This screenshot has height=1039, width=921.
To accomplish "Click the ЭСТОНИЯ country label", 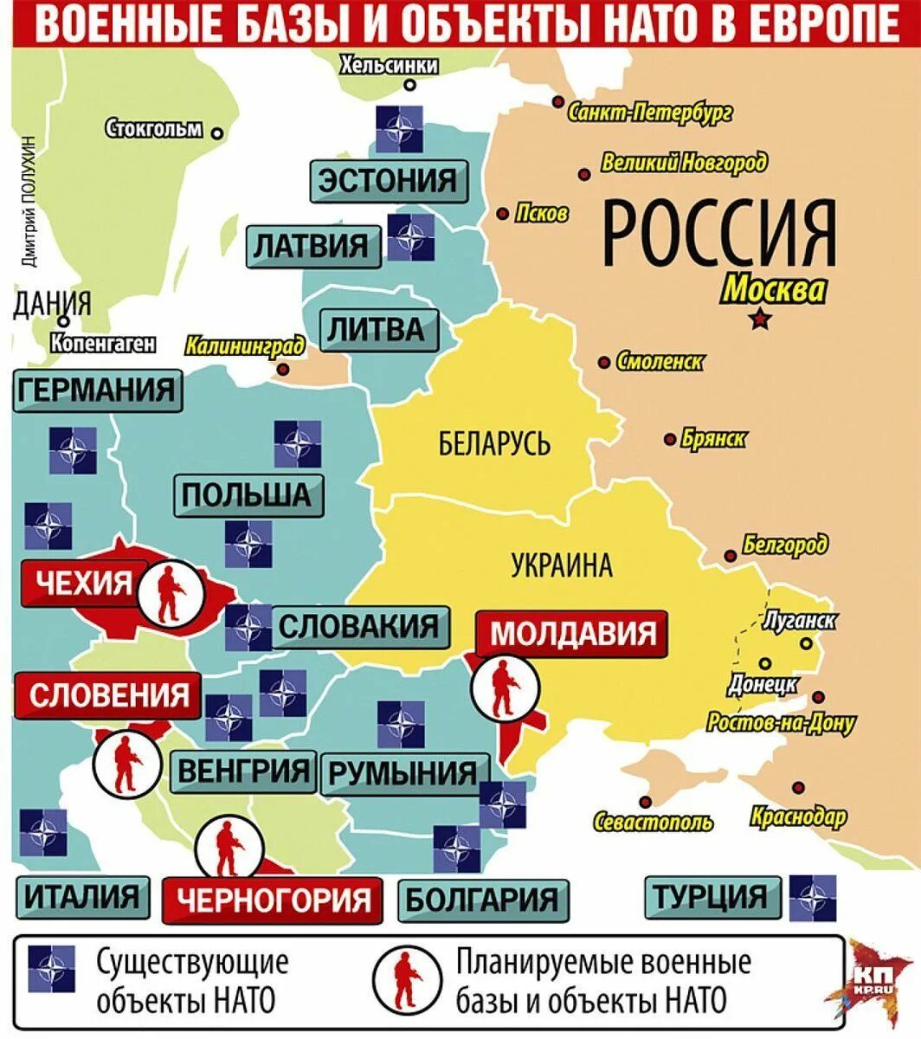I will point(387,181).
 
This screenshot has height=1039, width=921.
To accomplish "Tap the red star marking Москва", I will point(759,319).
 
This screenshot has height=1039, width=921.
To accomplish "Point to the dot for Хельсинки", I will point(409,86).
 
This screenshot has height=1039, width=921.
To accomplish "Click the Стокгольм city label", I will point(154,130).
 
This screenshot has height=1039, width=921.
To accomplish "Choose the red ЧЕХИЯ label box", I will point(78,583).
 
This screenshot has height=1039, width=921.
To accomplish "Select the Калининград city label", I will point(245,346).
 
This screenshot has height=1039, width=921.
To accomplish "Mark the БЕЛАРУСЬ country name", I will point(494,445).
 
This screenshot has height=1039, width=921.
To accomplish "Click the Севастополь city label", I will point(654,822).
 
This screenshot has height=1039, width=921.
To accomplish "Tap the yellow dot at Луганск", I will point(807,643).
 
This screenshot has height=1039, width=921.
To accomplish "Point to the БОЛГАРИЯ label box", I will point(482,899).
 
